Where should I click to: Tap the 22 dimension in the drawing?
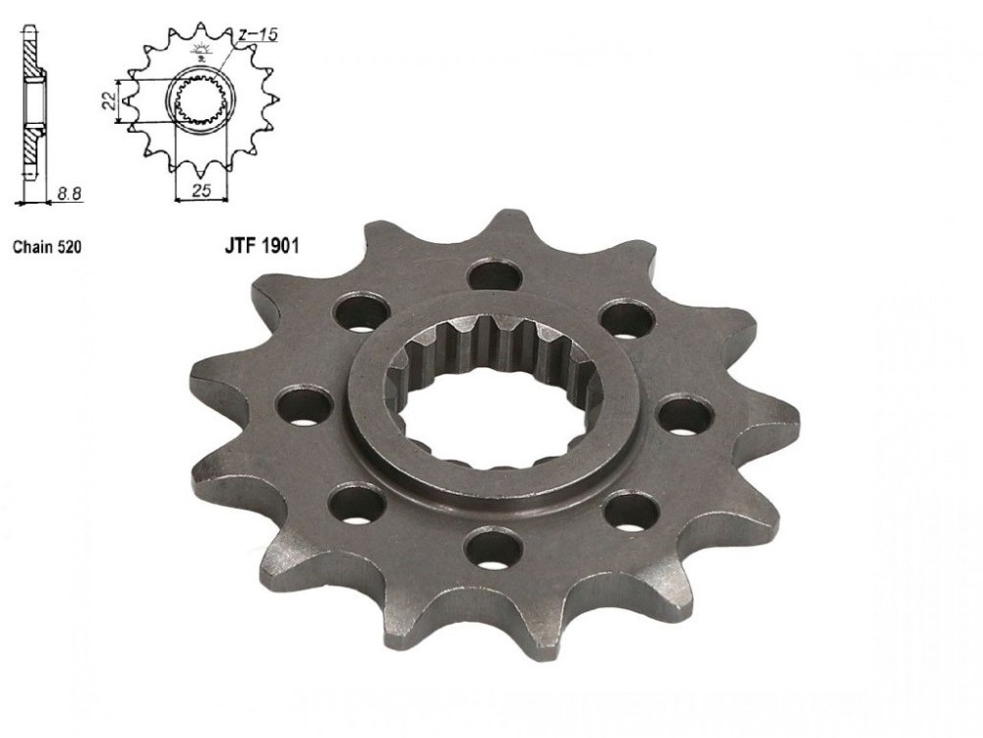click(x=108, y=100)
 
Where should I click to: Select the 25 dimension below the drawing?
click(x=202, y=191)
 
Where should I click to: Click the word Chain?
click(x=33, y=247)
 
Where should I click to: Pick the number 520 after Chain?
click(x=69, y=247)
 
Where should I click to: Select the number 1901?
click(x=280, y=246)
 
